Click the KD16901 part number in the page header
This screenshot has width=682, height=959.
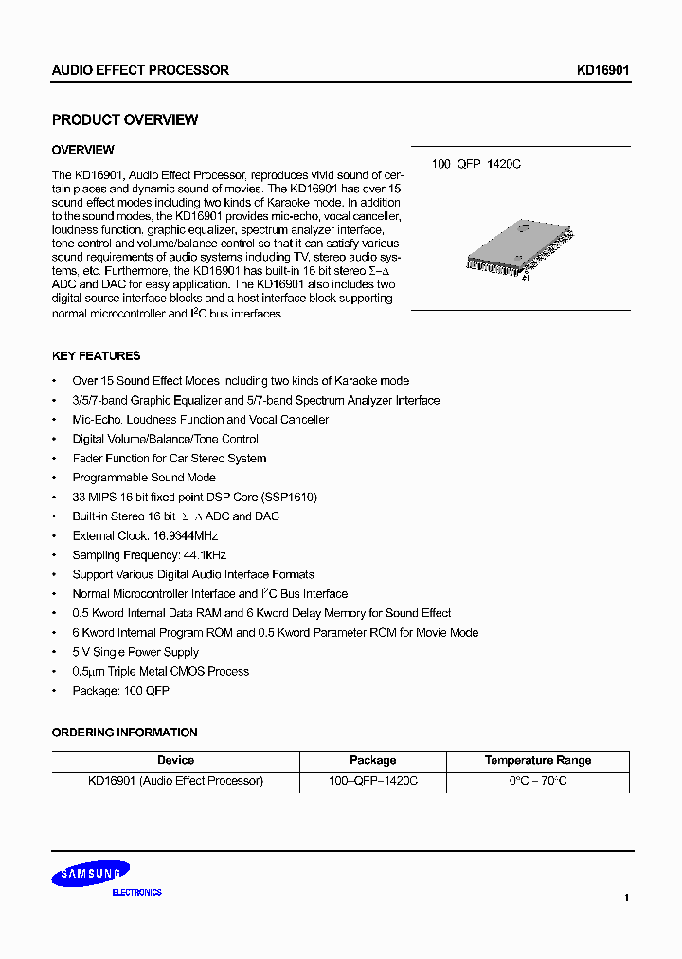[603, 70]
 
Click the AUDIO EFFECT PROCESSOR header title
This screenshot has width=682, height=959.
[140, 70]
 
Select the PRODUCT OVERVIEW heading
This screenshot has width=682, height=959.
[125, 120]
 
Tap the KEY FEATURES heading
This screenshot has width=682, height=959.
[96, 356]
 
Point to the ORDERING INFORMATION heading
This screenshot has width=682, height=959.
[124, 733]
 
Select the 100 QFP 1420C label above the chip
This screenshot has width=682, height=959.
[476, 164]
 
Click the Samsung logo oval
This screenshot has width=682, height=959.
[90, 874]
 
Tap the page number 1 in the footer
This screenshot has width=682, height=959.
[626, 896]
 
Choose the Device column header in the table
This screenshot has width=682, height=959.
[175, 760]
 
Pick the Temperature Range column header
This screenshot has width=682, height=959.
[537, 760]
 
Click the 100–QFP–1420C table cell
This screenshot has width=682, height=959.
[372, 781]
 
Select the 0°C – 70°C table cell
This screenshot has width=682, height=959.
[537, 781]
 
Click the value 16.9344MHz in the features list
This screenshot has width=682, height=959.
[187, 536]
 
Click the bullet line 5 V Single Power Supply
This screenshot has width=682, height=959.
[135, 652]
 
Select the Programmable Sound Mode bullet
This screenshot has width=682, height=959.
[144, 478]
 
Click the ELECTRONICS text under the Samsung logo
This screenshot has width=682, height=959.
[136, 893]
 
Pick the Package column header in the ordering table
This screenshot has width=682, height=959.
[372, 760]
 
